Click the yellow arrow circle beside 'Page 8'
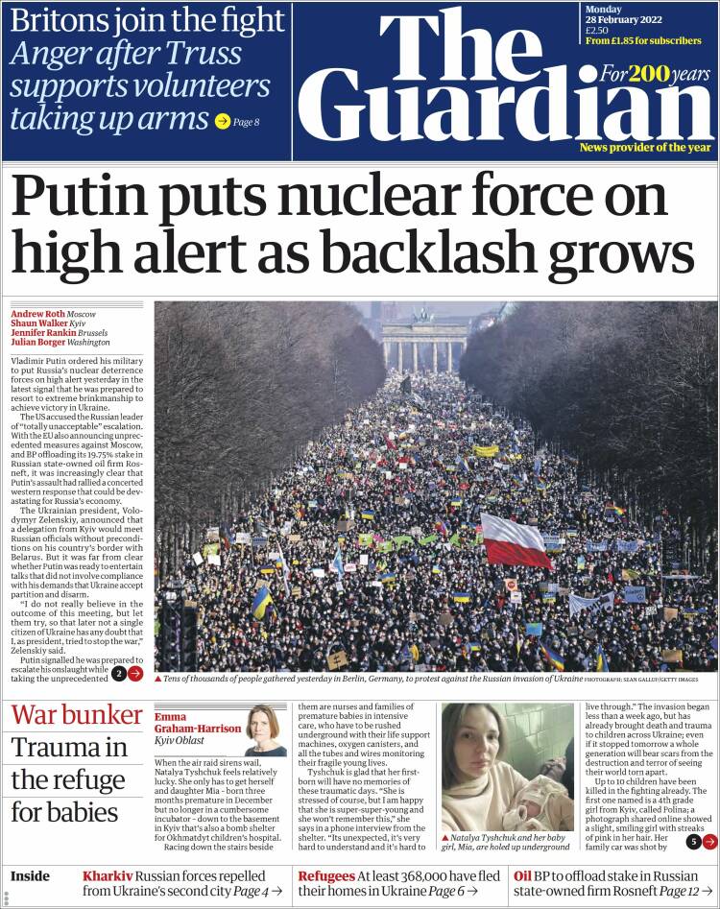[222, 122]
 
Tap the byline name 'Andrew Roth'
[37, 314]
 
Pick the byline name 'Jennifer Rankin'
[43, 332]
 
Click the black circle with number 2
[119, 674]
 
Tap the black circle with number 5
[693, 842]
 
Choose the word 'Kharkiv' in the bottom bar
[107, 876]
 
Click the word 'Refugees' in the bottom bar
[325, 876]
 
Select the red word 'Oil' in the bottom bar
[522, 876]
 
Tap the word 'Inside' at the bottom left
[30, 876]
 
